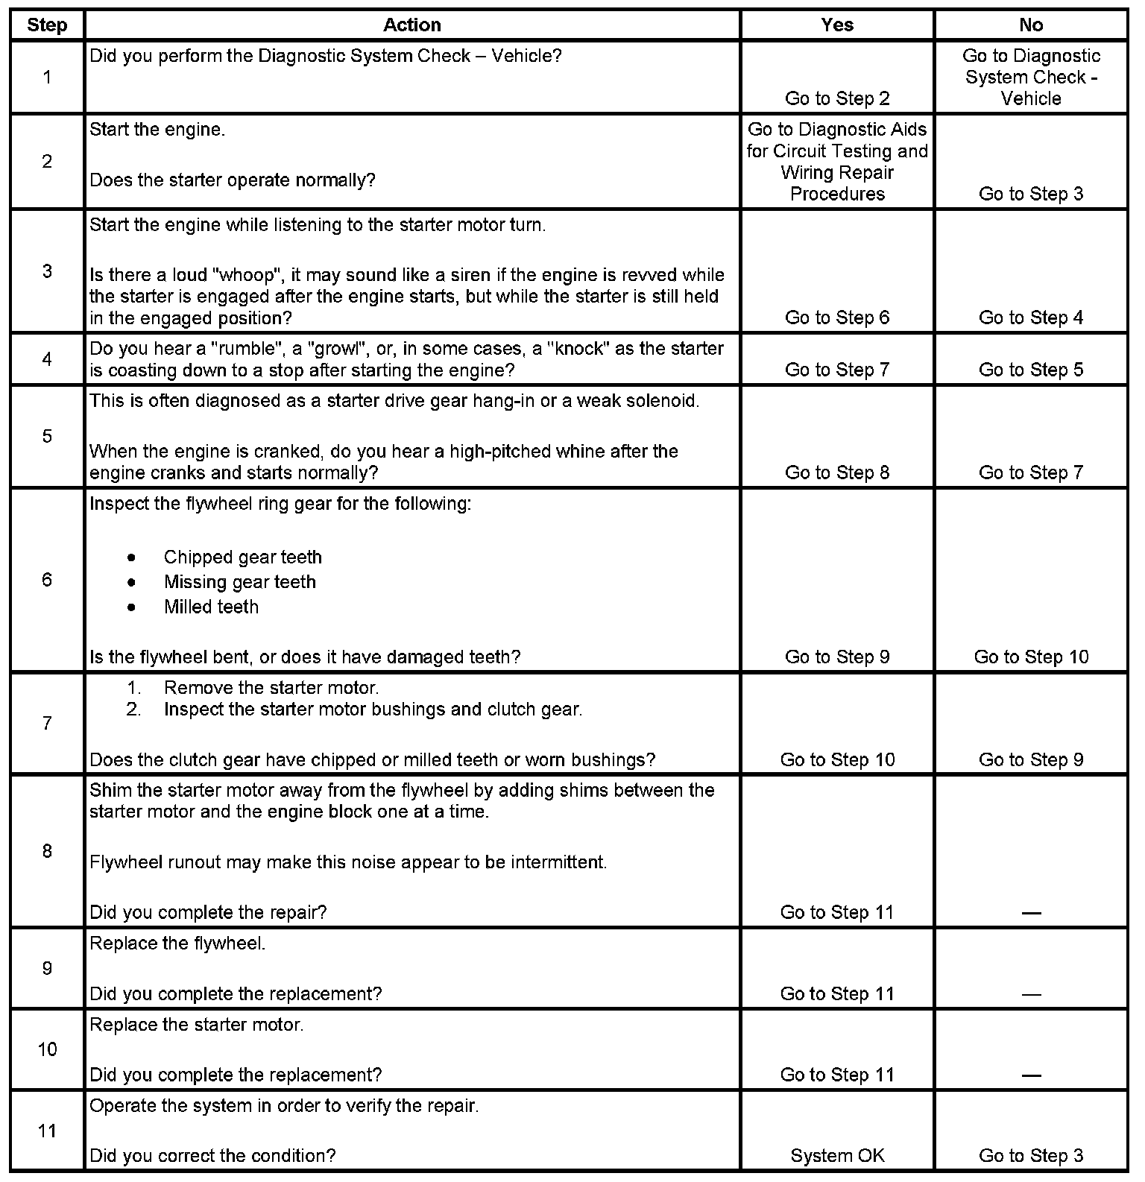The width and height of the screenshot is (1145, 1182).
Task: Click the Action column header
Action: pos(412,25)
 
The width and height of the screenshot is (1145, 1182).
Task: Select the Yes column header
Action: pos(837,25)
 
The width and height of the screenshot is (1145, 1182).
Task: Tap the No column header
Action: pos(1031,25)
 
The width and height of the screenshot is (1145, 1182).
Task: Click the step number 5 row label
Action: pos(47,436)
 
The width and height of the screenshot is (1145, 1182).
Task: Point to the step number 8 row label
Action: pos(47,851)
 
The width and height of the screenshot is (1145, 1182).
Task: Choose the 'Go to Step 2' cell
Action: pos(837,98)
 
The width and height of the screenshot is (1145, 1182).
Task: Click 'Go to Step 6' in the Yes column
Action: pos(837,317)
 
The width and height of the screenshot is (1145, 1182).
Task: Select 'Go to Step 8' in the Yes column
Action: pos(837,473)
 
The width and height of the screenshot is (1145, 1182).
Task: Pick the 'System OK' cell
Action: pos(837,1156)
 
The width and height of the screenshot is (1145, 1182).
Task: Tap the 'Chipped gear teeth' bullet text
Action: pos(242,557)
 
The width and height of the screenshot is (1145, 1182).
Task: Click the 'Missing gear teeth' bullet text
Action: pos(239,582)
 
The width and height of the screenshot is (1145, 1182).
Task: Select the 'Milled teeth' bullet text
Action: pos(211,607)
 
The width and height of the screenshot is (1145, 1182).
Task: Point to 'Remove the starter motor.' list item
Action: pos(271,688)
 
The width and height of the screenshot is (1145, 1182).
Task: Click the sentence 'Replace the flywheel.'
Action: pos(177,944)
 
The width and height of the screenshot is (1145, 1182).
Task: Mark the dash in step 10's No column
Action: pos(1031,1075)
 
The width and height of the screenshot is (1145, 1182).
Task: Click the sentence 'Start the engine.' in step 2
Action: pos(157,130)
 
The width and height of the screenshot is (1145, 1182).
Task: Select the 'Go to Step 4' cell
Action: pos(1031,317)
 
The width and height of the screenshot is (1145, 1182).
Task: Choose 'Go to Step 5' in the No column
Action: pos(1031,370)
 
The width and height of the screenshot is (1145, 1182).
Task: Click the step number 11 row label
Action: pos(47,1131)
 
